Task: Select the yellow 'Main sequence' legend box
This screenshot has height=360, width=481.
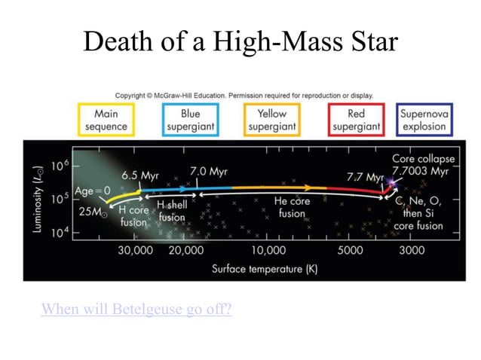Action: [x=106, y=120]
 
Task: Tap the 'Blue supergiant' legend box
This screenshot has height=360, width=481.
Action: [x=190, y=120]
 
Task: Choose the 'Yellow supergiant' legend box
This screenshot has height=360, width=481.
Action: [x=272, y=120]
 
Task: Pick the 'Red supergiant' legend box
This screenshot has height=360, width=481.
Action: [x=357, y=120]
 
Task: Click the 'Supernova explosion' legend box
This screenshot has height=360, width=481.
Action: [x=424, y=120]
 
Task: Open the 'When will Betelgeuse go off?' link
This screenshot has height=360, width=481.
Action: [x=136, y=309]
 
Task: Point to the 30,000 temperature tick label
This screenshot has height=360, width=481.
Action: [x=136, y=250]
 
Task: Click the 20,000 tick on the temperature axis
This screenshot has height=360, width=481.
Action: [x=185, y=250]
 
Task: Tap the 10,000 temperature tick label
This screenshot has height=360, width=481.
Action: [x=268, y=250]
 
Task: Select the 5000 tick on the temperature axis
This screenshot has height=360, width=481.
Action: [x=351, y=250]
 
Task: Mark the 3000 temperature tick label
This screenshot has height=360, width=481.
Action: [x=411, y=250]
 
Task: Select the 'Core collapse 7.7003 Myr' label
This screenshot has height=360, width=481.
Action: [x=420, y=166]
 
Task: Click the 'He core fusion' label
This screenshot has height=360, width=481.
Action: [x=291, y=207]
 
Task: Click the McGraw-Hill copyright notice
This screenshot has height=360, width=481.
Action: [x=244, y=96]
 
